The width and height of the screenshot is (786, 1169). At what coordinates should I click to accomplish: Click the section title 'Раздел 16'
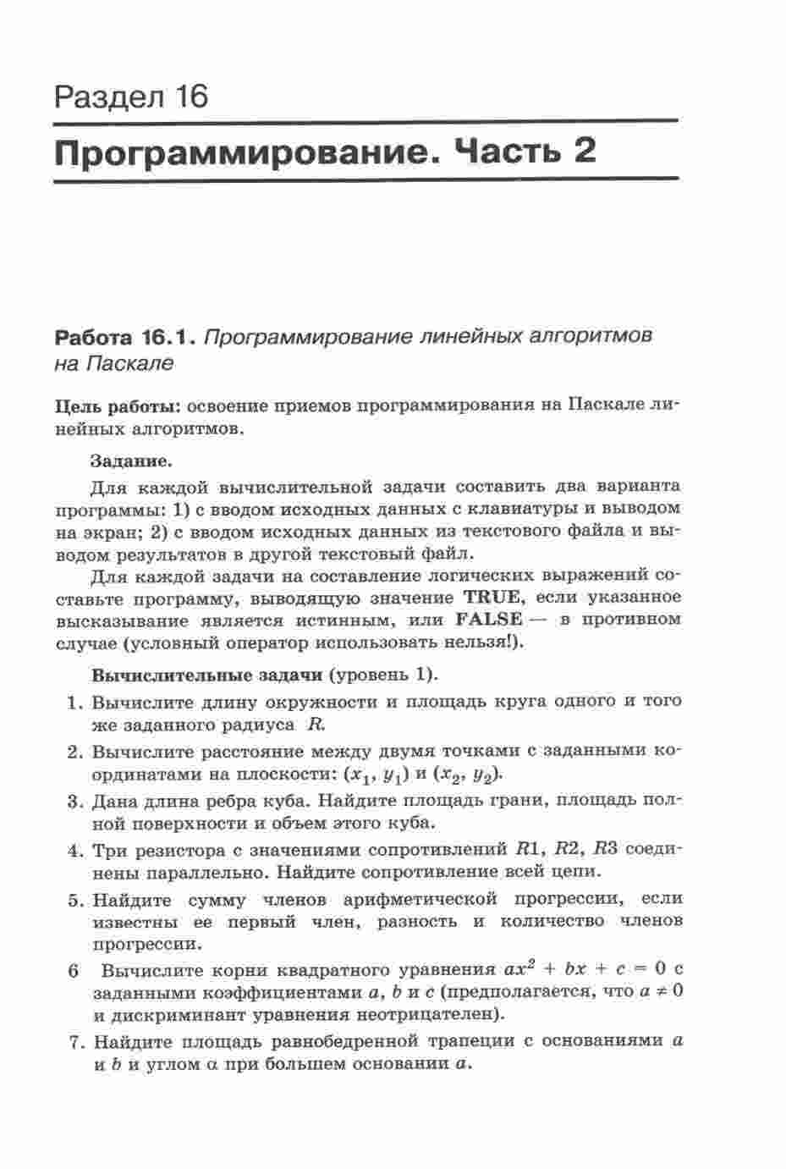[130, 96]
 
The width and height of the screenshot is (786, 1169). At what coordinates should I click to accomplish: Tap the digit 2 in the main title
[581, 152]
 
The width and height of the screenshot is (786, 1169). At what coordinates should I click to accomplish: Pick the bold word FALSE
[488, 620]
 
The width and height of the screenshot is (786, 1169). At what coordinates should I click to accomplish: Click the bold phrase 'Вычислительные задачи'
[206, 675]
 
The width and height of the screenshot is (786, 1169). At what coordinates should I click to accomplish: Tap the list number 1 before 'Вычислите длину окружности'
[74, 703]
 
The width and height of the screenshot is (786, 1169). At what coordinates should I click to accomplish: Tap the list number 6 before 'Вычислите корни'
[74, 971]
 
